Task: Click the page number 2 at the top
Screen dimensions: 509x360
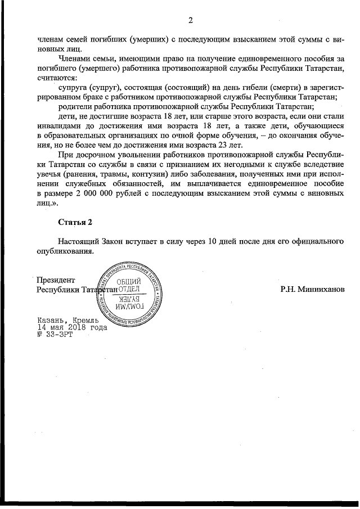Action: click(x=190, y=21)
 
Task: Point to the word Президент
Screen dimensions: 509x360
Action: click(x=55, y=280)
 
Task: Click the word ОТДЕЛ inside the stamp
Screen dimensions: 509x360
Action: click(x=129, y=289)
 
